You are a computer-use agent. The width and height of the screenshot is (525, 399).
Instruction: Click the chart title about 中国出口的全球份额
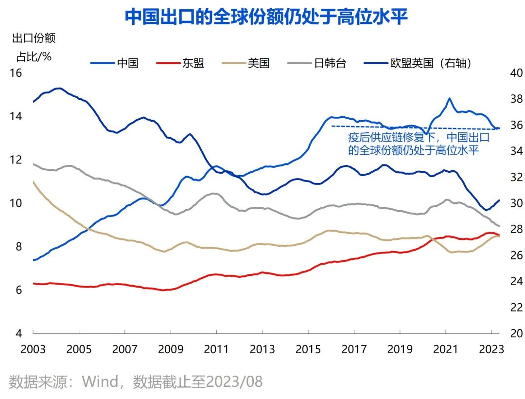coord(266,17)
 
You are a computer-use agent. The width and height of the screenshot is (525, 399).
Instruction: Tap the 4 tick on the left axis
coord(18,333)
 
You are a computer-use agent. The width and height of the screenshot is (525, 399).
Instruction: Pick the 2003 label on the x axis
coord(33,349)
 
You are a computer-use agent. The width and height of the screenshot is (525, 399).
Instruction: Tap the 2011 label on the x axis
coord(216,349)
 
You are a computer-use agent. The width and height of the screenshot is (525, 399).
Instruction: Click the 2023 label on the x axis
coord(491,349)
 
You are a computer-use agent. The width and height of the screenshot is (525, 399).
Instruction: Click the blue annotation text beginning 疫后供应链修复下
coord(418,144)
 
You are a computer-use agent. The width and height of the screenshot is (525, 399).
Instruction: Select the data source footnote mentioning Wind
coord(136,381)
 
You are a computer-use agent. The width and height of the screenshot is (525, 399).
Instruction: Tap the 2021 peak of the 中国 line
coord(450,99)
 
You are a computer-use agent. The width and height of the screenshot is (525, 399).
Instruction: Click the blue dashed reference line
coord(413,127)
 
